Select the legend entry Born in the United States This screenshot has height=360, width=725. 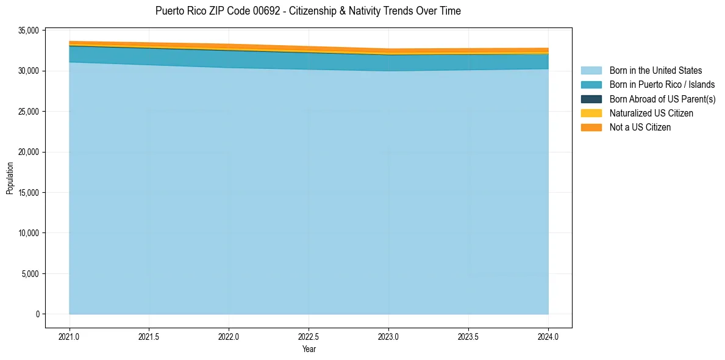[655, 71]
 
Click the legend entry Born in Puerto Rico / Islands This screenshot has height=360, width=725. [662, 85]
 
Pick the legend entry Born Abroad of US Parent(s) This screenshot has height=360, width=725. [662, 99]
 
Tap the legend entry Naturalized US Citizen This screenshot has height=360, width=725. [651, 113]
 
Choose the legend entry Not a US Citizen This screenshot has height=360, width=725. [640, 128]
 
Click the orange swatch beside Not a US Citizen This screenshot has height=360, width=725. [591, 128]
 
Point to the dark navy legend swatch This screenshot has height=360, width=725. [591, 99]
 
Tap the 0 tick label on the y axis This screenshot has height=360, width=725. [37, 314]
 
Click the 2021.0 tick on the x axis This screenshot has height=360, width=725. [70, 336]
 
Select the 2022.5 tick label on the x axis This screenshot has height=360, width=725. [309, 336]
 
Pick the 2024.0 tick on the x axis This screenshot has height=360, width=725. [548, 336]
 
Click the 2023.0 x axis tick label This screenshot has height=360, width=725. [388, 336]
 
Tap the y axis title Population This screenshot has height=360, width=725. [10, 178]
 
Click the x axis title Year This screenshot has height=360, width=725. [309, 349]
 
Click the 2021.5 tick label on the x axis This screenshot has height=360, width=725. [149, 336]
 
